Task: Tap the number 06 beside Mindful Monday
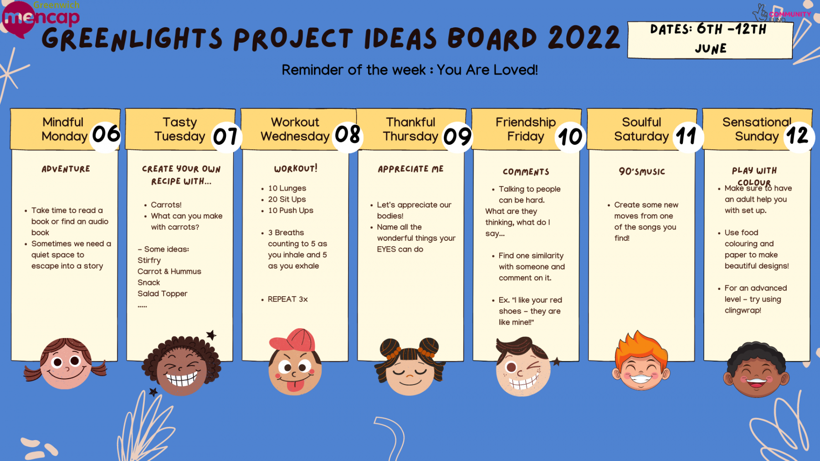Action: [x=106, y=134]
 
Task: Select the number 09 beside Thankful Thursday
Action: [x=457, y=137]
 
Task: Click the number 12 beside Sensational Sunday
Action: [x=797, y=136]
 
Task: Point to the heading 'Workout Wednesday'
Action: [x=295, y=129]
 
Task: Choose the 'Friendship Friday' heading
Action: [x=526, y=129]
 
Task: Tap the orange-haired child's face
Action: [x=641, y=361]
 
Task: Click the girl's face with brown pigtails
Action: [x=66, y=364]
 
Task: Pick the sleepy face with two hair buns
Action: [x=410, y=367]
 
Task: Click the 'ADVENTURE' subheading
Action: [x=66, y=169]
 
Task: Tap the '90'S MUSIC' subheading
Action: [x=642, y=172]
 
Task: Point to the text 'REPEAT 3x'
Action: [x=287, y=299]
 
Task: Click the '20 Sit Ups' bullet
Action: [x=287, y=199]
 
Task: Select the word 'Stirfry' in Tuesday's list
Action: [x=149, y=260]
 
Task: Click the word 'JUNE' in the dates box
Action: [x=711, y=49]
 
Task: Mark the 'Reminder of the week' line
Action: [x=410, y=70]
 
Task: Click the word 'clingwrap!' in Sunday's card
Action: [x=743, y=310]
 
